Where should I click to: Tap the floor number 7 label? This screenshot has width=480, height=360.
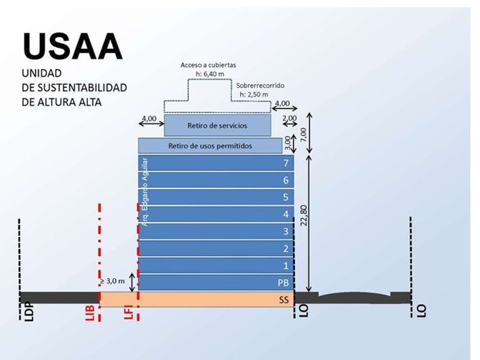click(286, 163)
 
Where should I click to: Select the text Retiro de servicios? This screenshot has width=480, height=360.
click(217, 126)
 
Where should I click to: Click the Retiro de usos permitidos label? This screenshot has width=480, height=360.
click(210, 146)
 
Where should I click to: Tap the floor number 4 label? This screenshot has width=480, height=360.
click(286, 215)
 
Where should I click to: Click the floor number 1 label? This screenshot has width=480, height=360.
click(286, 266)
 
